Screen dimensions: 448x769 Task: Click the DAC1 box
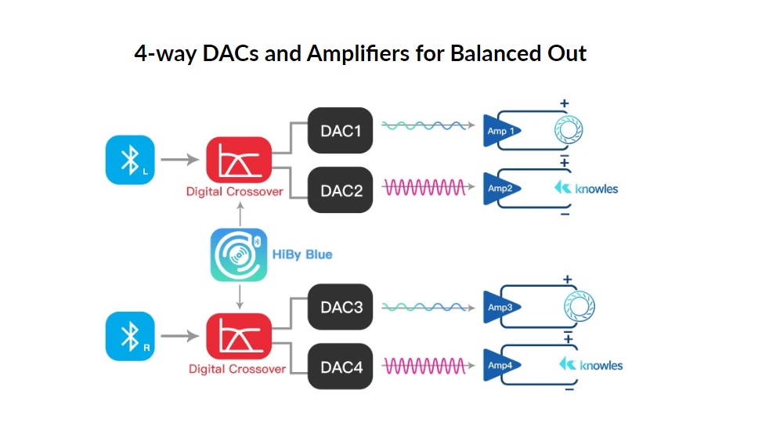[x=340, y=130]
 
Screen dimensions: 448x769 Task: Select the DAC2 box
[x=340, y=190]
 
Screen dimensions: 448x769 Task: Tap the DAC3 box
[x=340, y=307]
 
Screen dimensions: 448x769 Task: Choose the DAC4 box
[x=340, y=366]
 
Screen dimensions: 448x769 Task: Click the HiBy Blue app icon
[x=236, y=255]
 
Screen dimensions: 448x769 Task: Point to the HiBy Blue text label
[x=302, y=255]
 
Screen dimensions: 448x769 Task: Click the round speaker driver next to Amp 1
[x=570, y=129]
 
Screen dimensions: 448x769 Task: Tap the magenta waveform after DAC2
[x=423, y=188]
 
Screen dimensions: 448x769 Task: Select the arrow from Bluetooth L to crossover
[x=181, y=160]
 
